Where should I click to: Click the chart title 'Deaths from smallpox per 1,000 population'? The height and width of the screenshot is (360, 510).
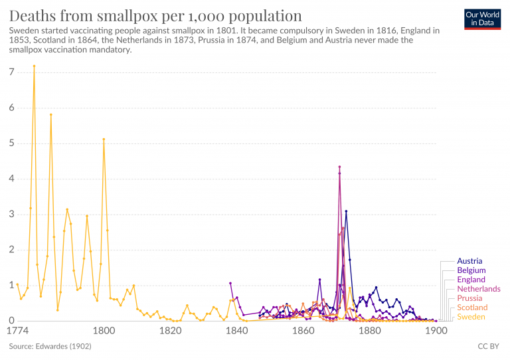tap(155, 16)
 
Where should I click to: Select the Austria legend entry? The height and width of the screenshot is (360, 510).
tap(469, 261)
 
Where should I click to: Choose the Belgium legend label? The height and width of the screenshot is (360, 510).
tap(471, 270)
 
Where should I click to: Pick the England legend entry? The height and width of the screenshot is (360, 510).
tap(471, 280)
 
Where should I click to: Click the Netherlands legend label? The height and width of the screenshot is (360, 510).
tap(479, 289)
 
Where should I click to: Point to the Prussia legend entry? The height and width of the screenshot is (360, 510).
tap(469, 298)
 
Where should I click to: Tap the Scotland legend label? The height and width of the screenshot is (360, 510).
tap(472, 308)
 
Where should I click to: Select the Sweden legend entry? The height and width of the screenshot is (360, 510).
tap(471, 317)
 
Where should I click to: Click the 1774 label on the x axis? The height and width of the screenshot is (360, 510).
tap(18, 330)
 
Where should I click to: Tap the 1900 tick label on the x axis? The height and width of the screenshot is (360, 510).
tap(436, 330)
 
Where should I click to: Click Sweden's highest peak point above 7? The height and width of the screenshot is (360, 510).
tap(34, 66)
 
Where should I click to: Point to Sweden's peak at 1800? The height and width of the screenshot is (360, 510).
tap(104, 139)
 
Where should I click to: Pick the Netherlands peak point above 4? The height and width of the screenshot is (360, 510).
tap(339, 167)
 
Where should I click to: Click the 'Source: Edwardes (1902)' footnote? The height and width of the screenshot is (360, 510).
tap(50, 346)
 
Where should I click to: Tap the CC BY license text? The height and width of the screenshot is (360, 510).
tap(488, 346)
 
